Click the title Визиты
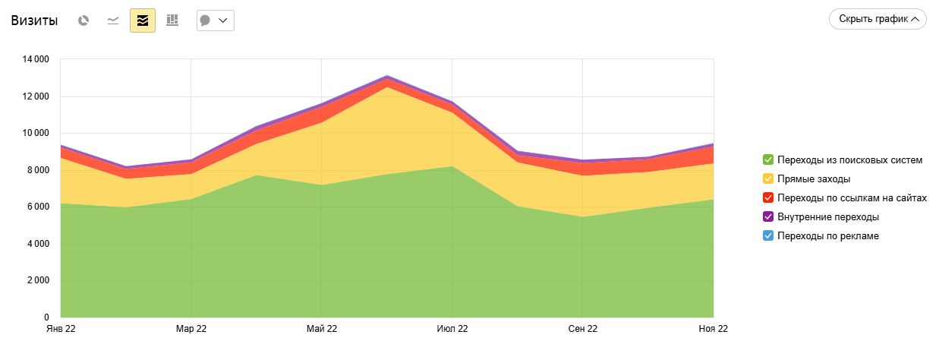coord(34,21)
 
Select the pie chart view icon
coord(84,21)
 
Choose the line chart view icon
coord(113,21)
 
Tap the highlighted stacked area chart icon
coord(143,21)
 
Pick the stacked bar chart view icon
coord(172,21)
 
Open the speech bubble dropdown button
coord(215,21)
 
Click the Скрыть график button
coord(878,19)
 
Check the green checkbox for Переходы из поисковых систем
coord(768,159)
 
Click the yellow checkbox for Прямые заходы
coord(768,179)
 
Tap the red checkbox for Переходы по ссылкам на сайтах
coord(768,198)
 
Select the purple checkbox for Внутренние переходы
coord(768,217)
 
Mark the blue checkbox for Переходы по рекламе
coord(768,236)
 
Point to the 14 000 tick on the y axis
coord(37,59)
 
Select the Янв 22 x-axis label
coord(61,329)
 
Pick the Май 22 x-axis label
coord(322,329)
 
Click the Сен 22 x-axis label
coord(583,329)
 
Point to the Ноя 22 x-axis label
coord(713,329)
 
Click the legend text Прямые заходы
coord(814,179)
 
